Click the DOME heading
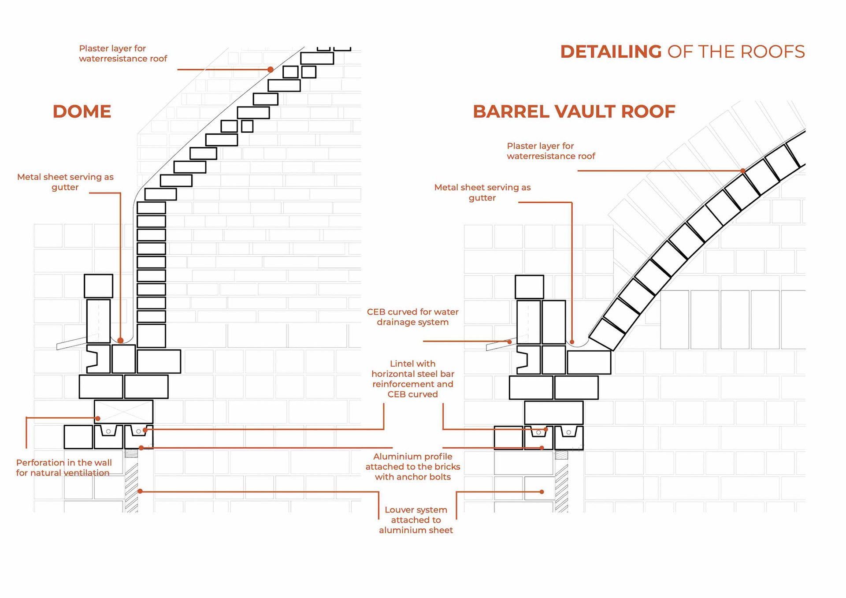click(82, 111)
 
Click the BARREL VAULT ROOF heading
click(574, 111)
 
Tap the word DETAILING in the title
click(611, 52)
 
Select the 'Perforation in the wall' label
click(64, 468)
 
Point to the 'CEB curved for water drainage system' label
click(412, 317)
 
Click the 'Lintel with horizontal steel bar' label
click(412, 379)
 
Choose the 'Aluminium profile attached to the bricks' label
click(412, 467)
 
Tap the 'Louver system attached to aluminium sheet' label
click(416, 520)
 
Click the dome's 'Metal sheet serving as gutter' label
click(65, 182)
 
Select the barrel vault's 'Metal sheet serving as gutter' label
click(482, 193)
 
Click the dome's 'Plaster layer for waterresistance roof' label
click(123, 53)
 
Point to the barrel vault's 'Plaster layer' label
click(551, 151)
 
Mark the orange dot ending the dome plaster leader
click(271, 69)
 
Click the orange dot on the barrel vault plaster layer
click(743, 171)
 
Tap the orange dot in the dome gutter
click(120, 340)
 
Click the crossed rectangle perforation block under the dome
click(124, 412)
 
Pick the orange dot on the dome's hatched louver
click(140, 491)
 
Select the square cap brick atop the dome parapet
click(98, 286)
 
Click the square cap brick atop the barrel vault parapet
click(529, 287)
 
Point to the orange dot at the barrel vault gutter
click(572, 342)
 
